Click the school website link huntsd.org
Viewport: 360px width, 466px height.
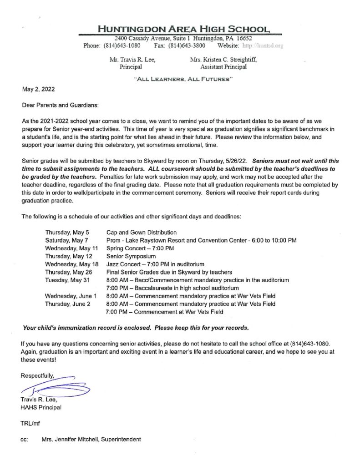point(264,46)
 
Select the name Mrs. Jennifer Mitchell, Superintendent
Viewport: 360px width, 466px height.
point(91,439)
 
